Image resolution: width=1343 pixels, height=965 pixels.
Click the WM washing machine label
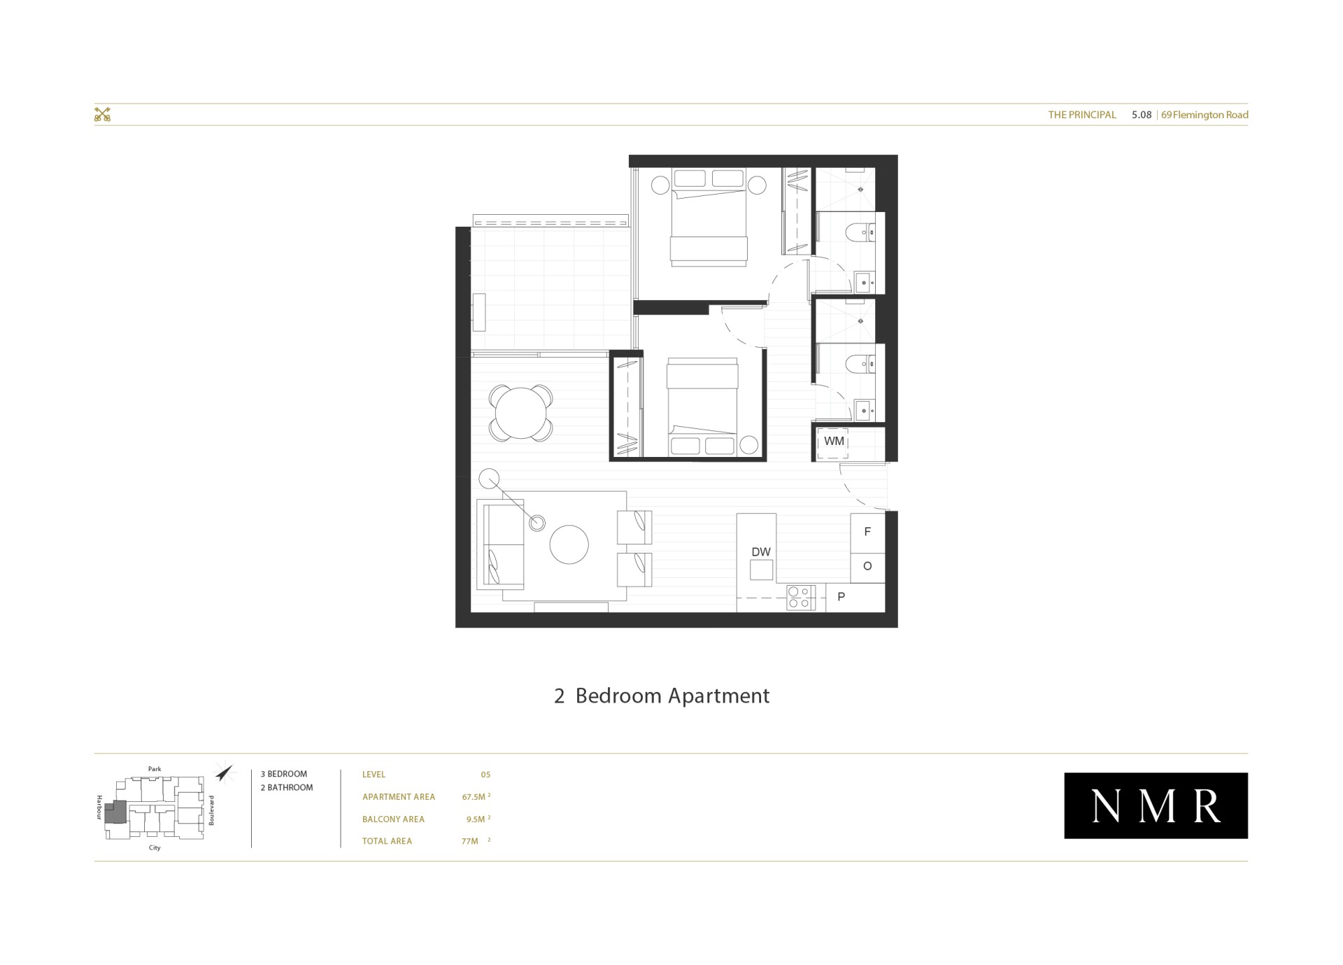click(x=834, y=442)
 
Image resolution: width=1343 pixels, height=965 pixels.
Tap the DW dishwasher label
click(x=761, y=552)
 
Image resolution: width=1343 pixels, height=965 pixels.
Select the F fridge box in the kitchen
click(x=867, y=533)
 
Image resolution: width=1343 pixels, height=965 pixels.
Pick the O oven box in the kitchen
click(x=867, y=567)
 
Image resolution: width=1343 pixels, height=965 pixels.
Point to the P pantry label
click(x=841, y=597)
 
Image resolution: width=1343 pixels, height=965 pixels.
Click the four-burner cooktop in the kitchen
click(x=800, y=597)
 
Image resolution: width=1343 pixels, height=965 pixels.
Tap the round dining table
click(x=521, y=413)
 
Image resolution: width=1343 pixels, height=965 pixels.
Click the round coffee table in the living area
click(x=569, y=544)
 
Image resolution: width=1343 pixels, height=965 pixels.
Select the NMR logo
click(x=1156, y=805)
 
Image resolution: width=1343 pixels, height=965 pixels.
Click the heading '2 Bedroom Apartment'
click(x=662, y=696)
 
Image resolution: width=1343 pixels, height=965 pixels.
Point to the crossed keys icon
click(x=103, y=115)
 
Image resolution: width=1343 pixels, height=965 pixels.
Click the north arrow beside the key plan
click(x=224, y=772)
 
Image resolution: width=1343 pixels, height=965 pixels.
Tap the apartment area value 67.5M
click(x=476, y=796)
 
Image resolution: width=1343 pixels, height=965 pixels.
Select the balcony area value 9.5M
click(x=478, y=819)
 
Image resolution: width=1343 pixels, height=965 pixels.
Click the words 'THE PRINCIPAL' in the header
click(x=1082, y=115)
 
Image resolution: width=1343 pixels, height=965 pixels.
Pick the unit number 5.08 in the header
click(x=1142, y=115)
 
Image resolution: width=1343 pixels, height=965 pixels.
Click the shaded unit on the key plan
click(x=116, y=812)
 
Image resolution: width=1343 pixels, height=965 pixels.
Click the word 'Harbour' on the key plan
click(x=99, y=807)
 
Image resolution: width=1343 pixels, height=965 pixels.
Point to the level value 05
click(x=485, y=775)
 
